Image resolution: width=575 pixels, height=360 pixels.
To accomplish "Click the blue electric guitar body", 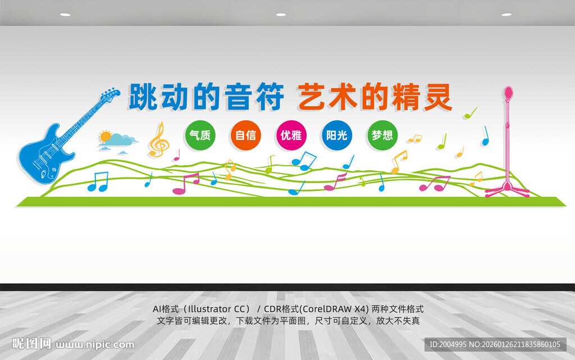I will point(42,154).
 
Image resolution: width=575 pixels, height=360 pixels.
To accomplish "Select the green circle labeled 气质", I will point(200,135).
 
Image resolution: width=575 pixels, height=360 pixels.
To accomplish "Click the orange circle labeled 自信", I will point(245,135).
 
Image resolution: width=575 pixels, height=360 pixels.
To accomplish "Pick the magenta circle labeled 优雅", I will point(291,135).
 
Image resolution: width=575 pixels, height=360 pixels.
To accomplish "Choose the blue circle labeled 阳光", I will point(337,135).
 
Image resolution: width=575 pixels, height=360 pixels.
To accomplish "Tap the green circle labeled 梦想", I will point(382,135).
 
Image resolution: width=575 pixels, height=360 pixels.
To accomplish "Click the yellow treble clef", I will point(159,140).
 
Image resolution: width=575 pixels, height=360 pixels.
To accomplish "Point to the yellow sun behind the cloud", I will point(105,136).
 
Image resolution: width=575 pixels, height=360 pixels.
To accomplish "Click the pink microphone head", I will point(509,93).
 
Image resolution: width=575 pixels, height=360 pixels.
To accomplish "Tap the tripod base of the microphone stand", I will point(508,190).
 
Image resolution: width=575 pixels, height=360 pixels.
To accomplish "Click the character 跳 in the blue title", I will point(143,97).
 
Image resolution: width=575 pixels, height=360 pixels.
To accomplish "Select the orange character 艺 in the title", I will point(312,97).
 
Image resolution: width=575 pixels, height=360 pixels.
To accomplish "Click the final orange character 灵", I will point(438,97).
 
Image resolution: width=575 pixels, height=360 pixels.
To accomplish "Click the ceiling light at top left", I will point(65,15).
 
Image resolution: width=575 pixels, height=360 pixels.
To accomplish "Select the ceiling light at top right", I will point(506,15).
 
